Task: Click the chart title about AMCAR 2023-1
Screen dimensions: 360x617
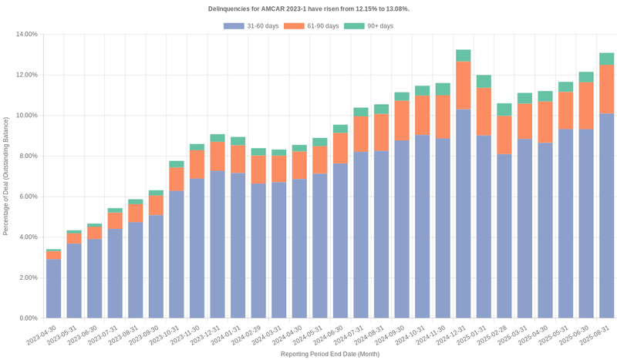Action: click(308, 8)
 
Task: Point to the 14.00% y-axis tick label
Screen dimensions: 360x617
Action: click(26, 35)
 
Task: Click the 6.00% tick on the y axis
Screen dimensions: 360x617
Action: click(28, 197)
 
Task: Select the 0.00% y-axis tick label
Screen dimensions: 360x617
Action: click(28, 318)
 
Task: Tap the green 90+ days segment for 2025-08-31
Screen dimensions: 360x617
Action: click(606, 59)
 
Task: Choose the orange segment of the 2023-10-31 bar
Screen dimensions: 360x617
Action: click(177, 179)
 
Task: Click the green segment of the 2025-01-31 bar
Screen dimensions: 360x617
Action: click(484, 81)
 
